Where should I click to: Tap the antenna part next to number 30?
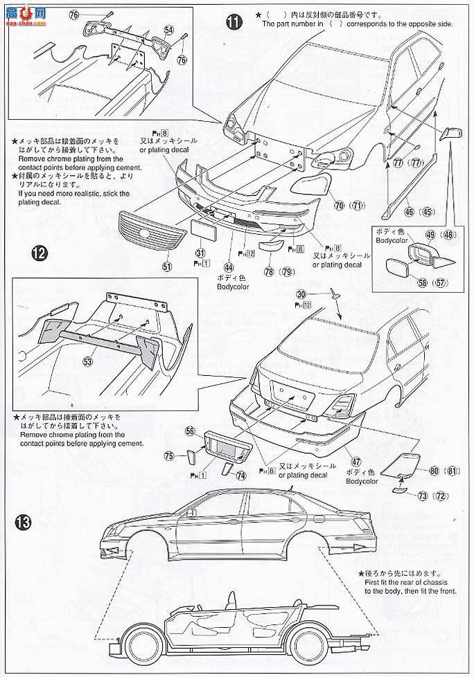point(335,294)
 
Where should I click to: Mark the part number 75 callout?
point(168,455)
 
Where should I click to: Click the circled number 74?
point(240,476)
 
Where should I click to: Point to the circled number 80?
point(434,471)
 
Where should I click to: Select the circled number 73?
point(422,496)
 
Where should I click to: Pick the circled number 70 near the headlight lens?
point(339,205)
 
